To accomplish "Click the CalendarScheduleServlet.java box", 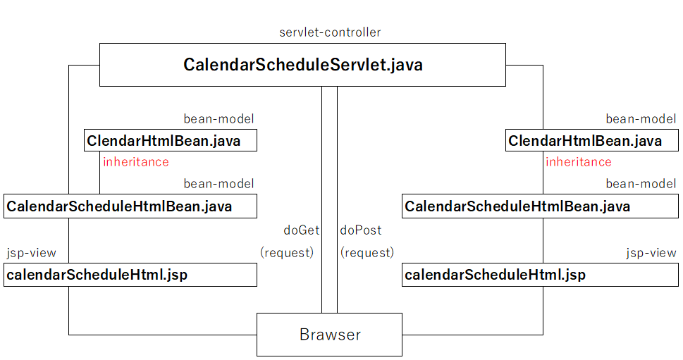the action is [x=302, y=65].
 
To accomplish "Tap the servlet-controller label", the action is [x=330, y=32].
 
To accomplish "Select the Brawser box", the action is [x=329, y=335].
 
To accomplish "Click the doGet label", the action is [x=302, y=230].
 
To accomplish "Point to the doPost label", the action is [x=361, y=230].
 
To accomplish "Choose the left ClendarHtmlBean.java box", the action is [x=171, y=140].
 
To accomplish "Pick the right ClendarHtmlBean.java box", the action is [x=592, y=140].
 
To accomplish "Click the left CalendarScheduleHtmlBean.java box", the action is [x=130, y=206].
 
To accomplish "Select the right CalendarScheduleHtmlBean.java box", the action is [x=540, y=206].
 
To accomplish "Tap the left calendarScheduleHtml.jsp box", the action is [x=130, y=275].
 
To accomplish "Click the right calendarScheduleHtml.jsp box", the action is [x=540, y=275].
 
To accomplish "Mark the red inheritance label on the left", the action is [x=136, y=162].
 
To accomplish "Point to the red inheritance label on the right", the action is [x=579, y=162].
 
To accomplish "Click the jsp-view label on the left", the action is [x=31, y=253].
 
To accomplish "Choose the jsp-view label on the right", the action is [x=651, y=253].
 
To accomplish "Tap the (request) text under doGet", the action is [x=287, y=252].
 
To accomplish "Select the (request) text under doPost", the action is [x=367, y=252].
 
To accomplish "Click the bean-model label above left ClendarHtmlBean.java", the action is [x=219, y=119].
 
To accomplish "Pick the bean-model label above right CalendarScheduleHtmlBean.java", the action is [x=641, y=184].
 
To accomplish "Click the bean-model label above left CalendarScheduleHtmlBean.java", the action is [x=219, y=184].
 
